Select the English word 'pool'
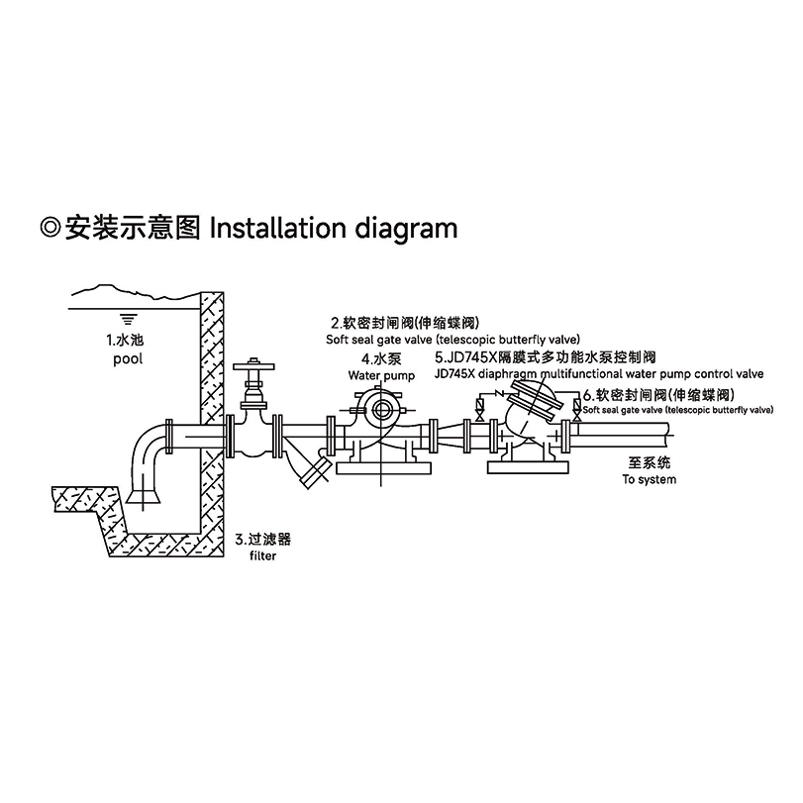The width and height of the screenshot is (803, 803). tap(127, 358)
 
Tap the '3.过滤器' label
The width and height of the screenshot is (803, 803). tap(262, 540)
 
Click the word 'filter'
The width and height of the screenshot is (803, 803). tap(262, 556)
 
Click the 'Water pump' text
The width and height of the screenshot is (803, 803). tap(378, 375)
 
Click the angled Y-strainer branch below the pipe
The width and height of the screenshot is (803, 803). tap(314, 469)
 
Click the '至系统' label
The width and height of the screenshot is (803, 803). tap(649, 462)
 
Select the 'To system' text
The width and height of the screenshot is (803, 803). tap(649, 479)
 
